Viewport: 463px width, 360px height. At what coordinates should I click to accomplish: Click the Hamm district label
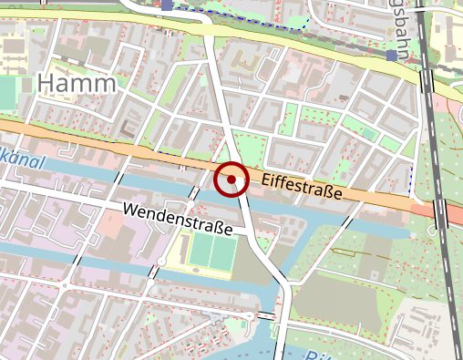point(78,85)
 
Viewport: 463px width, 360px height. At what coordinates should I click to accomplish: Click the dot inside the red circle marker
point(231,180)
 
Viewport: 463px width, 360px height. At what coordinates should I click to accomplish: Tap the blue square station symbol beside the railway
point(391,56)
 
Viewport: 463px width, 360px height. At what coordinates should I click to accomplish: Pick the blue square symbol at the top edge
point(167,5)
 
